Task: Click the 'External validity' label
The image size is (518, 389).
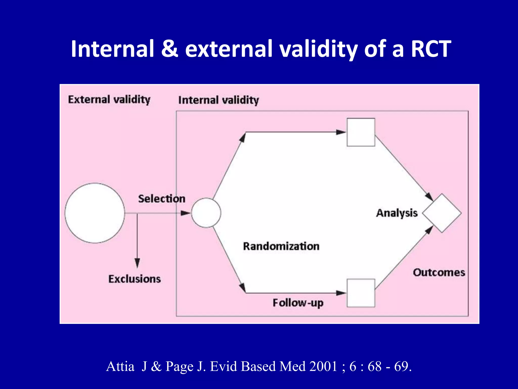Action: (109, 100)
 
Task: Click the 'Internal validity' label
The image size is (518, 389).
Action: (219, 100)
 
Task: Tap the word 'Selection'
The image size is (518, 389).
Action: (162, 199)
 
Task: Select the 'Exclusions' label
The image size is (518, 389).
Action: (135, 279)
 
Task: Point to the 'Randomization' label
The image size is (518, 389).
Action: (281, 246)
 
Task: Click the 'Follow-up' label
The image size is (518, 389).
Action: (298, 303)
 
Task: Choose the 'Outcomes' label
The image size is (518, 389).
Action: (439, 273)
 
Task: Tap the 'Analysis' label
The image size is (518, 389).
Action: (397, 213)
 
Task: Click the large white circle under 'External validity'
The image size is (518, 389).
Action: (95, 213)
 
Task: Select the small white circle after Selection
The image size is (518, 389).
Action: (206, 213)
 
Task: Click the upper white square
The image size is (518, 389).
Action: (361, 132)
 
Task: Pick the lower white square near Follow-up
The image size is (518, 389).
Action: (361, 293)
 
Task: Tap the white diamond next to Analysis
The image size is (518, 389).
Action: (442, 213)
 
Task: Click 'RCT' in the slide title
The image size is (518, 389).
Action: (431, 49)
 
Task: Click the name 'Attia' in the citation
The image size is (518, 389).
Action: (120, 366)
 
